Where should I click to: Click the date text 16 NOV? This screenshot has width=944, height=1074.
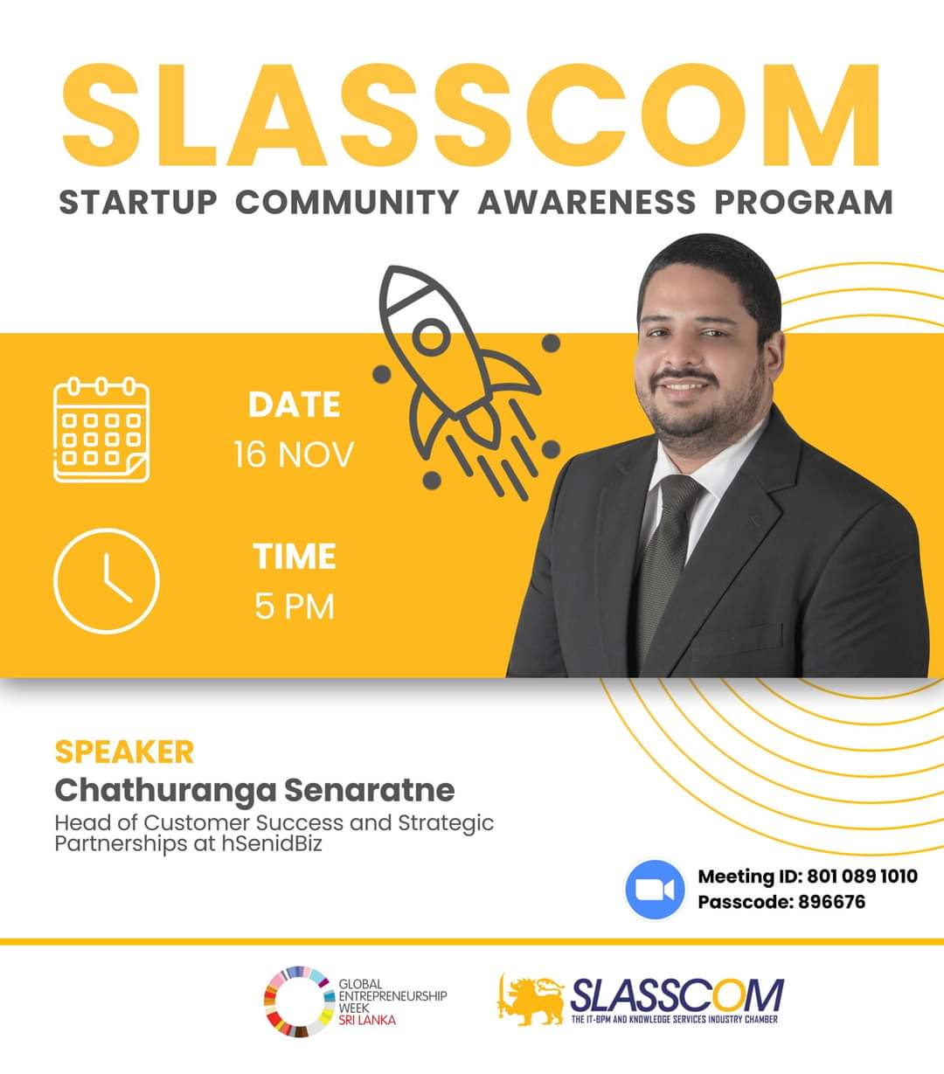pos(294,454)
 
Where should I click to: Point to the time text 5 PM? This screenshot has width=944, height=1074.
pos(295,606)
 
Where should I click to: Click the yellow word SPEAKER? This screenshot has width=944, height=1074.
pos(125,752)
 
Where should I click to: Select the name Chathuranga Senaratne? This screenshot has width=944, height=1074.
pos(254,790)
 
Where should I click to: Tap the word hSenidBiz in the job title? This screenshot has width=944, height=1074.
pos(272,843)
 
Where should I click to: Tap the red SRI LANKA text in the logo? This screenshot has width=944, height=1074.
pos(367,1020)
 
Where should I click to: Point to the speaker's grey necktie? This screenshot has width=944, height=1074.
pos(665,562)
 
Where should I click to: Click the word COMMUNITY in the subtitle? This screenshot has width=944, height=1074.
pos(347,202)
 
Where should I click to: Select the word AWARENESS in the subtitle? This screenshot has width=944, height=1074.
pos(587,202)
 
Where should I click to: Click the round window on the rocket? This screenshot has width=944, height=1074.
pos(430,337)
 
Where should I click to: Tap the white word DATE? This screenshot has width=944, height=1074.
pos(295,405)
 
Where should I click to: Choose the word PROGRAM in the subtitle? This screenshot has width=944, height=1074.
pos(803,202)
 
